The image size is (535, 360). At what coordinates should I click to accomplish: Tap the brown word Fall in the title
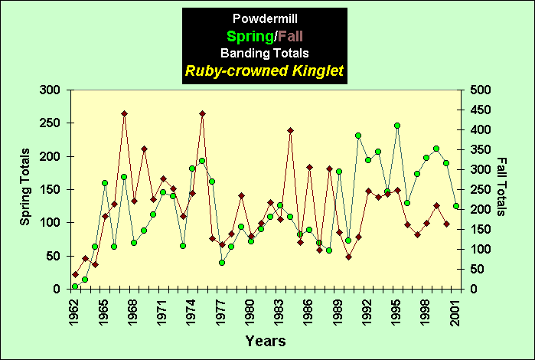click(x=295, y=36)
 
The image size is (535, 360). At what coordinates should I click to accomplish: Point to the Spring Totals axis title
click(x=25, y=189)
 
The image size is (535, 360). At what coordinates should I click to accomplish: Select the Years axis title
click(x=266, y=340)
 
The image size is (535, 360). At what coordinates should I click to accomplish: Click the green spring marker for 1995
click(x=397, y=126)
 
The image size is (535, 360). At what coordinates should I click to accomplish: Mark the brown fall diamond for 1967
click(x=124, y=113)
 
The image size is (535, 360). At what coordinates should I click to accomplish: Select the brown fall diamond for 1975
click(x=202, y=113)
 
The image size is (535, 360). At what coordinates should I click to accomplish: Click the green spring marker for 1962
click(x=75, y=286)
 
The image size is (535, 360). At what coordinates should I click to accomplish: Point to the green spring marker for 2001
click(x=456, y=206)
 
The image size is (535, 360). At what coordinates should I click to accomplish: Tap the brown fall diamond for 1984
click(x=290, y=130)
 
